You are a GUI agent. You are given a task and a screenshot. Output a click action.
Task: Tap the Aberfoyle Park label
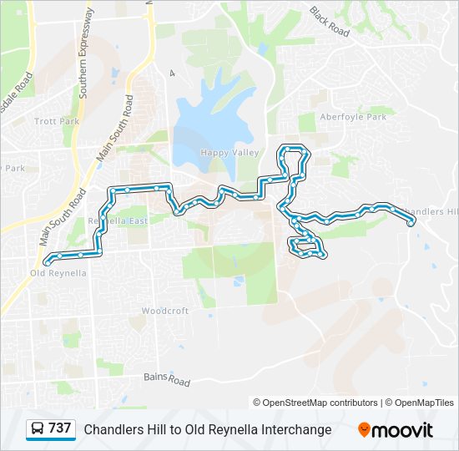(353, 117)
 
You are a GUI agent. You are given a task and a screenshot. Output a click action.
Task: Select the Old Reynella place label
(58, 273)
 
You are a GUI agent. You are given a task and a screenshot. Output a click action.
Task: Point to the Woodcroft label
(164, 311)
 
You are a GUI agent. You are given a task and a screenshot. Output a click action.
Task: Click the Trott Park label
(57, 122)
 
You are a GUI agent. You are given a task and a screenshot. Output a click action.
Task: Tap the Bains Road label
(167, 379)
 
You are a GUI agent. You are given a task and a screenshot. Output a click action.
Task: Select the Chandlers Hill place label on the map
(429, 212)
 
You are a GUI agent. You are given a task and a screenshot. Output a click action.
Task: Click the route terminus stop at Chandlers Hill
(411, 223)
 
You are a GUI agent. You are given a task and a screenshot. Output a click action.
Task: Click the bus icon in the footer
(37, 429)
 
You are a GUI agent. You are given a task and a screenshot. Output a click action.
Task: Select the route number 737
(59, 428)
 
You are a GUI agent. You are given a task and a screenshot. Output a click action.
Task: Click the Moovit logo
(396, 430)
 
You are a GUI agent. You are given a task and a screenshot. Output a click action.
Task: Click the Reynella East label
(117, 221)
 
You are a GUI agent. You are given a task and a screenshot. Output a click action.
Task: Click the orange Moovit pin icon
(365, 430)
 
